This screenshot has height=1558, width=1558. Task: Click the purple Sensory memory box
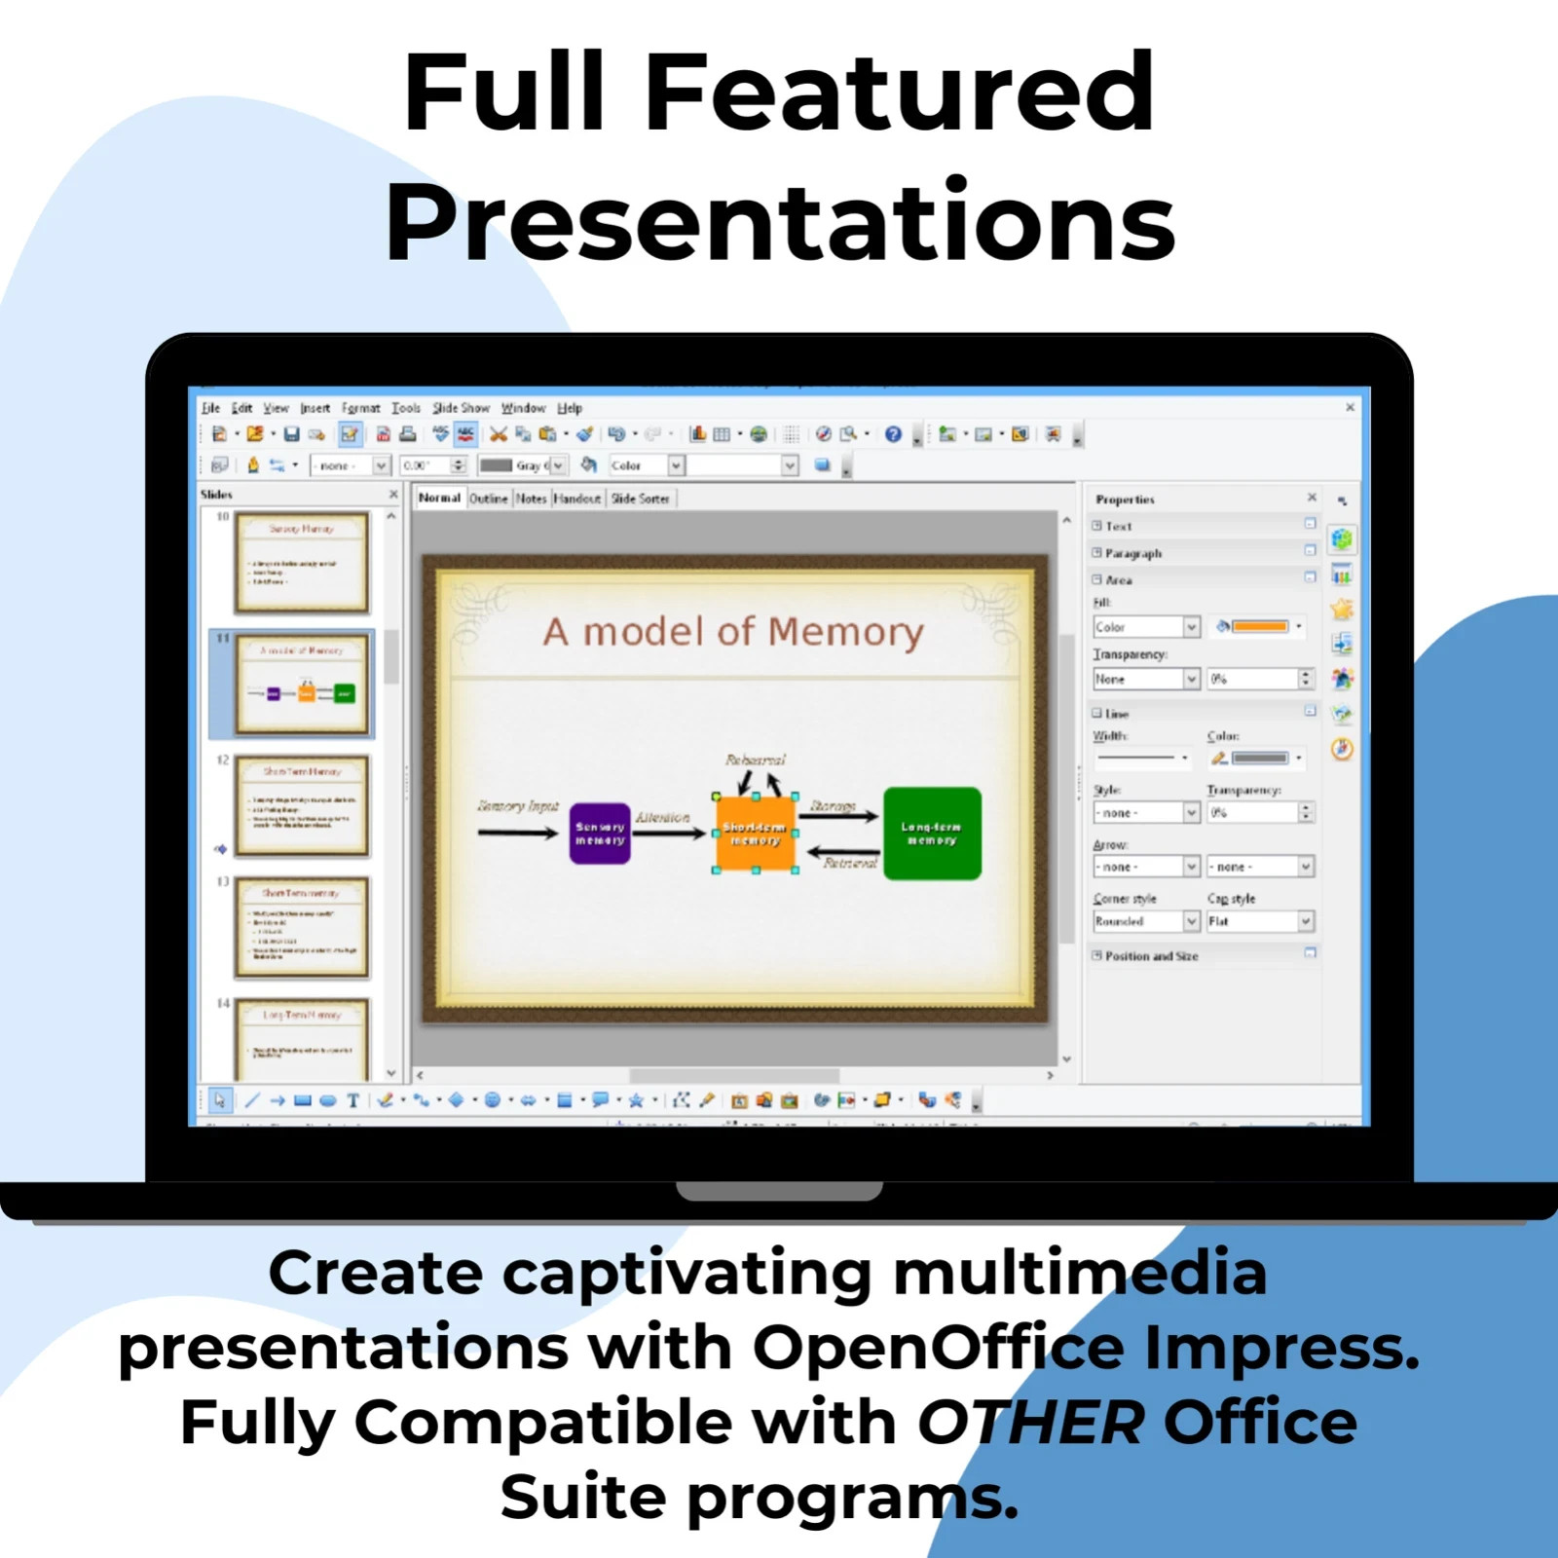[x=600, y=834]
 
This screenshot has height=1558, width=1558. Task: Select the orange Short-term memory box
[x=756, y=834]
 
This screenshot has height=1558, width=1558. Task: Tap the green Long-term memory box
[x=932, y=834]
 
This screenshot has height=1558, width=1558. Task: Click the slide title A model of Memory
[x=733, y=632]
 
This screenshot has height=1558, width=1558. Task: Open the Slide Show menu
[x=461, y=408]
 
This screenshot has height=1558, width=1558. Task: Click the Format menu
[x=360, y=408]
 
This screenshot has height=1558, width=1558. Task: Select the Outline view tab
[x=489, y=499]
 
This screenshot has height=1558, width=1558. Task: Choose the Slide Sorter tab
[x=640, y=499]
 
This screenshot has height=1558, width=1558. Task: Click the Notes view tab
[x=531, y=499]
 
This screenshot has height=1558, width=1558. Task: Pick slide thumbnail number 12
[x=303, y=805]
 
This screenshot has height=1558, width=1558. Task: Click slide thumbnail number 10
[x=303, y=562]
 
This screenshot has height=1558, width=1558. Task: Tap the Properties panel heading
[x=1125, y=500]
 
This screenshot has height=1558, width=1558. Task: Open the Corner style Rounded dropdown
[x=1191, y=921]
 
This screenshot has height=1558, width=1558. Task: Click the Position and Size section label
[x=1151, y=956]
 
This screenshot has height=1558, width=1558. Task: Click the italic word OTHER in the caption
[x=1030, y=1423]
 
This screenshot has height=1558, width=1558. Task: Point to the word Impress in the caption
[x=1279, y=1349]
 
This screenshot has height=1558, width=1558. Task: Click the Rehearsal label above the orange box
[x=755, y=760]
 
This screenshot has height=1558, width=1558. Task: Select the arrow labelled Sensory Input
[x=517, y=833]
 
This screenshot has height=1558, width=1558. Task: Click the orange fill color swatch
[x=1260, y=626]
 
